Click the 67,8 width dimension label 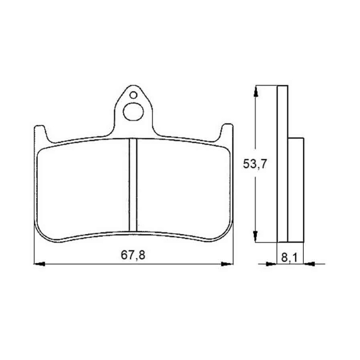(x=133, y=255)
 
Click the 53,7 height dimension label (x=255, y=164)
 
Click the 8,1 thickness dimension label (x=289, y=258)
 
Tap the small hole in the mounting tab (x=133, y=95)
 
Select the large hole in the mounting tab (x=133, y=112)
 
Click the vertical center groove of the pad (x=133, y=184)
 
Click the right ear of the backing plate (x=226, y=133)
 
